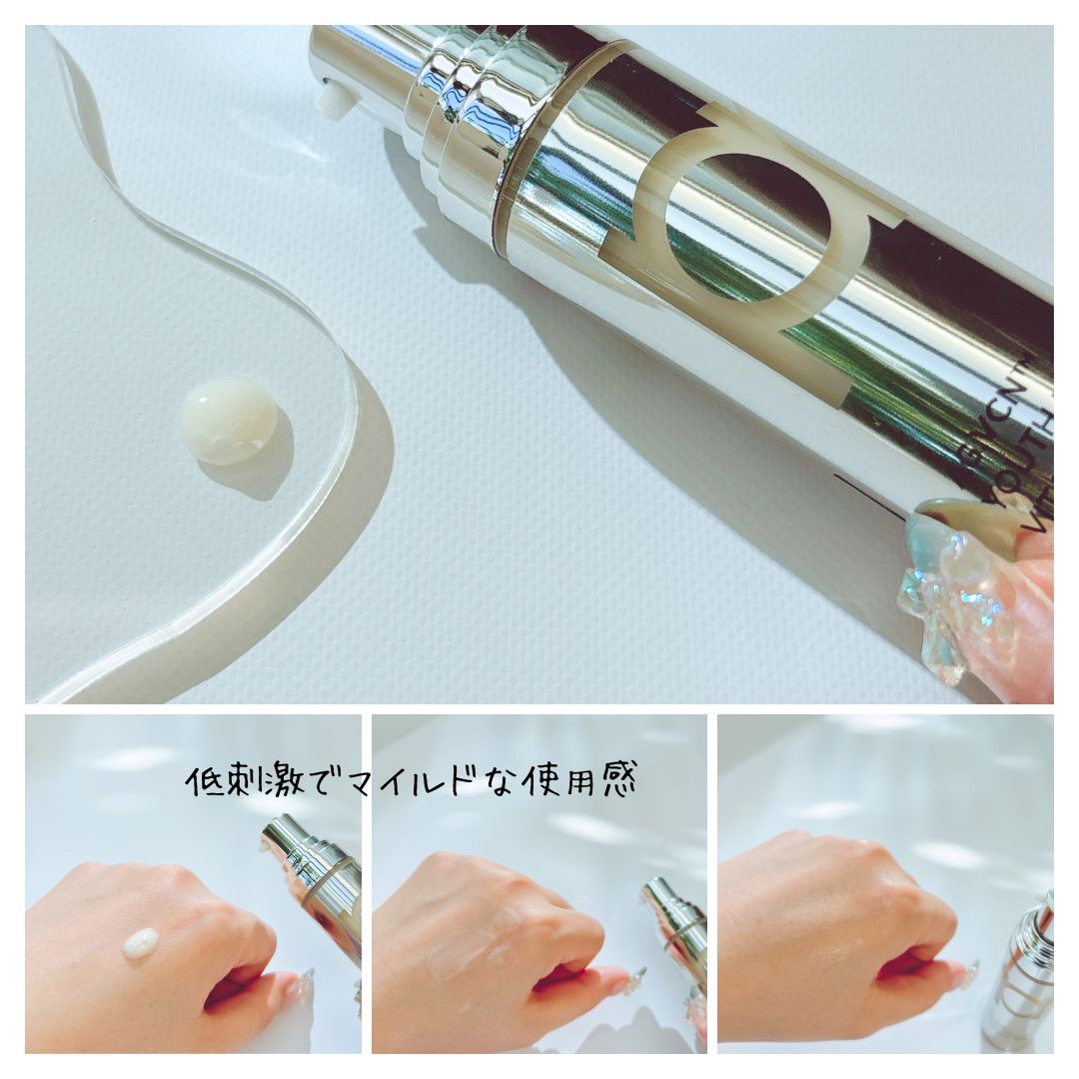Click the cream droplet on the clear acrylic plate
point(229,420)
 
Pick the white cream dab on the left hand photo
point(140,942)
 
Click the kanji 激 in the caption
point(297,781)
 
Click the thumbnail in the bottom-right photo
point(967,974)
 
